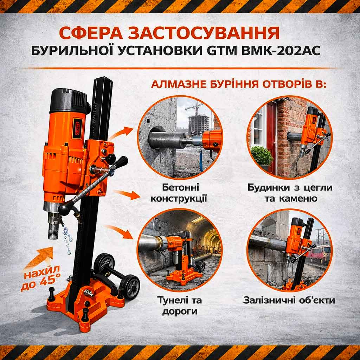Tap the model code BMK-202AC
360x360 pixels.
coord(281,51)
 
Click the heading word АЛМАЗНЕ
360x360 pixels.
coord(179,84)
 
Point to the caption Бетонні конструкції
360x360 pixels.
coord(179,193)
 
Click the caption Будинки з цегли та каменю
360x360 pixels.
coord(290,193)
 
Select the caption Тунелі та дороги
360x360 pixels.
coord(180,306)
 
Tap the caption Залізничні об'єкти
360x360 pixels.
coord(289,300)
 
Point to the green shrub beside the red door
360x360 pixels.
coord(261,156)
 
